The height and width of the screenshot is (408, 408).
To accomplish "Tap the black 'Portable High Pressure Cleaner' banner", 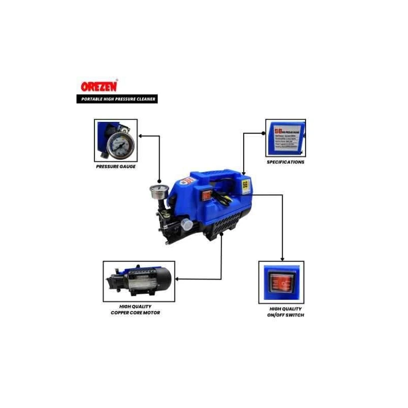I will (x=116, y=98).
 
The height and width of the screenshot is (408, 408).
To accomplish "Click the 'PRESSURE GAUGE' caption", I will (x=116, y=167).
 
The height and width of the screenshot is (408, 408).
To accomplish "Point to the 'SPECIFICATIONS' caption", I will (x=286, y=162).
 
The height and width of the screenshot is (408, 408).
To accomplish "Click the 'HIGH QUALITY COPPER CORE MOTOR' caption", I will (x=135, y=309).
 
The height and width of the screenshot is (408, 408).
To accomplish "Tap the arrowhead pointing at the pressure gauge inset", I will (x=141, y=136).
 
